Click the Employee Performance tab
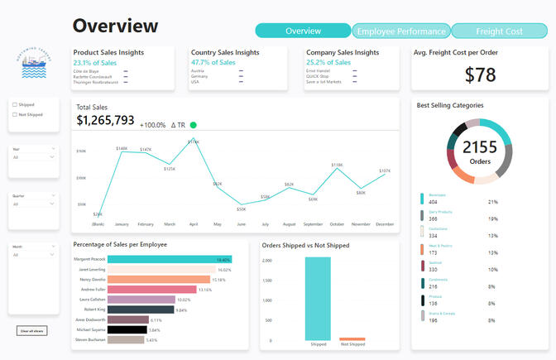pos(400,31)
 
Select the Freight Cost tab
pos(499,31)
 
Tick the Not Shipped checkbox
pos(14,115)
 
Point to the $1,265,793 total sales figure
pos(105,121)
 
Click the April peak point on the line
pos(194,142)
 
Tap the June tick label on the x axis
pos(241,223)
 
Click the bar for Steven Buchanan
pos(125,339)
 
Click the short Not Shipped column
pos(352,338)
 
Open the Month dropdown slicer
pos(34,254)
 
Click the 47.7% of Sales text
pos(213,62)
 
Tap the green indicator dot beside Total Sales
pos(193,125)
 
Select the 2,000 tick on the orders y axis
pos(267,260)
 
